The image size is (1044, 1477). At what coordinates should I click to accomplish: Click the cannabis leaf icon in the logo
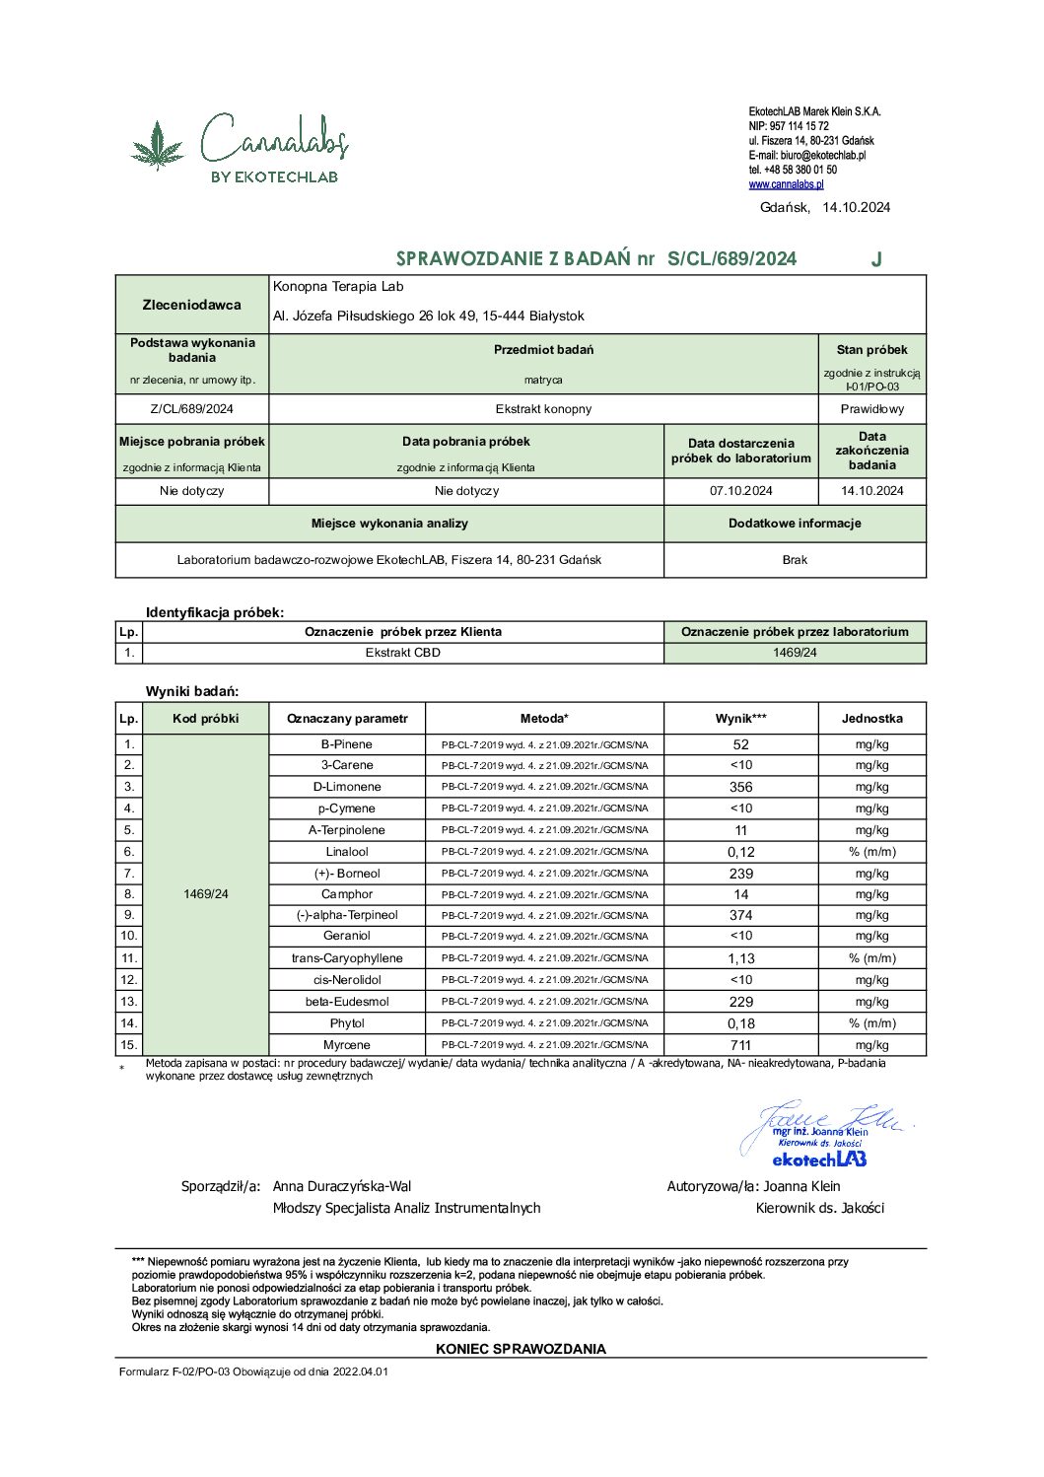(x=158, y=145)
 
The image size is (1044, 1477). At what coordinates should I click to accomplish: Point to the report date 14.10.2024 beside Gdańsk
(x=856, y=207)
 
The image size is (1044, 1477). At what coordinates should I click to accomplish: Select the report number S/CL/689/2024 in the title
(x=731, y=259)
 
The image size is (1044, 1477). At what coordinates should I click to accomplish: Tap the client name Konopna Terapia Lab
(x=338, y=287)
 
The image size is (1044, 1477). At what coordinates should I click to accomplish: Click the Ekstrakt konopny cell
(x=543, y=409)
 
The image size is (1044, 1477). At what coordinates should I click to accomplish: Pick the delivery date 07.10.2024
(x=740, y=491)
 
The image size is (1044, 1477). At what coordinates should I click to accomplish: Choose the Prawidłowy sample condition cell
(x=871, y=409)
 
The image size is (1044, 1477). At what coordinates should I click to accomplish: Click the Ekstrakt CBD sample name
(x=402, y=653)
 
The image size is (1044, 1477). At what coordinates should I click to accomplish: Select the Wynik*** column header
(x=740, y=719)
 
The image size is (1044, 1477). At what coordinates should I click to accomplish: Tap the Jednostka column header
(x=871, y=719)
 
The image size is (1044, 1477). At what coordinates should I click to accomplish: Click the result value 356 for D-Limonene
(x=740, y=787)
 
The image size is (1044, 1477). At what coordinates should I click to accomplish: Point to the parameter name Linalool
(x=347, y=852)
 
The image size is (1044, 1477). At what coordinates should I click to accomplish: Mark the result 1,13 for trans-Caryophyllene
(x=740, y=958)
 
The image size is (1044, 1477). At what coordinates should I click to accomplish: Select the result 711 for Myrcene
(x=740, y=1045)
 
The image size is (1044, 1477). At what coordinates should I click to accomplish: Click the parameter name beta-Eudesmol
(x=347, y=1002)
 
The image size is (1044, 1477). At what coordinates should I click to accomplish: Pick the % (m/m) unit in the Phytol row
(x=871, y=1023)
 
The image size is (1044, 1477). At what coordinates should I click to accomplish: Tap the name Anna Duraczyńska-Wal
(x=341, y=1186)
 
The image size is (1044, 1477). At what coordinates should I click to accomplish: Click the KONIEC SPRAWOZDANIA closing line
(x=521, y=1349)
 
